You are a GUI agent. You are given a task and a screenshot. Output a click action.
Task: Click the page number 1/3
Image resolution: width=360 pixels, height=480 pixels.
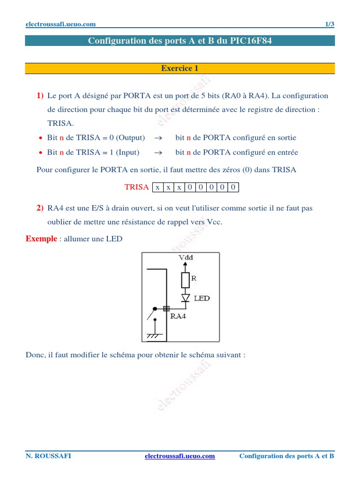(330, 25)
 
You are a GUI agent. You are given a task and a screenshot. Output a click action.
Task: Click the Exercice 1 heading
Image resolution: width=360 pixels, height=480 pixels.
(180, 68)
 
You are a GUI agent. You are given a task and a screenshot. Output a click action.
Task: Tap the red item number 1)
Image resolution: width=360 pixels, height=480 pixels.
(40, 96)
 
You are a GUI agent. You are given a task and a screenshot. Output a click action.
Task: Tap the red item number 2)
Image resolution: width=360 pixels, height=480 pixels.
(40, 208)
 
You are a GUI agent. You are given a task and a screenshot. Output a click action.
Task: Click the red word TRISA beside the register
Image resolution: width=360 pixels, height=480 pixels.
(136, 187)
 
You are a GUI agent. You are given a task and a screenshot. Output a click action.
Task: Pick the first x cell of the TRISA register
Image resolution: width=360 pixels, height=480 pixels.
(157, 187)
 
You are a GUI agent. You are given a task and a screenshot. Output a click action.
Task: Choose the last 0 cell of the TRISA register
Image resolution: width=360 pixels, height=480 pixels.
(233, 187)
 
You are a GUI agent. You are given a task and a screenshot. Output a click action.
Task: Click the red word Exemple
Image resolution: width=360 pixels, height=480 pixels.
(41, 239)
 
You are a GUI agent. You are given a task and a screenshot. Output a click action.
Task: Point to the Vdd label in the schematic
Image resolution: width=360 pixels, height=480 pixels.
(186, 257)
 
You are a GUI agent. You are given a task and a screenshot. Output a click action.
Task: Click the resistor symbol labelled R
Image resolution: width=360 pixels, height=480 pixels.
(185, 280)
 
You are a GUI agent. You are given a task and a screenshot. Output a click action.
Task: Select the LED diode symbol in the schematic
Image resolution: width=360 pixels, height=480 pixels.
(186, 298)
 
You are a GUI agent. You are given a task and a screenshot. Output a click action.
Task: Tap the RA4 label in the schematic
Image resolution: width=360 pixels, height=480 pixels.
(178, 316)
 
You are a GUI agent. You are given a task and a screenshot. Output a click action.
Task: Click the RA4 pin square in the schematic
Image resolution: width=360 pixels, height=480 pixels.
(166, 308)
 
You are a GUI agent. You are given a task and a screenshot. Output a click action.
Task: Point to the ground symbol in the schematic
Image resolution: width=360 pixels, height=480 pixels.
(154, 336)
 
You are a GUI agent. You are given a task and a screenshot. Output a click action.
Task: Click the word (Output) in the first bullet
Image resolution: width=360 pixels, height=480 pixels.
(130, 138)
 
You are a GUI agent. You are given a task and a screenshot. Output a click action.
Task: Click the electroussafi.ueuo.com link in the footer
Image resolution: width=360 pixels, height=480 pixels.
(180, 456)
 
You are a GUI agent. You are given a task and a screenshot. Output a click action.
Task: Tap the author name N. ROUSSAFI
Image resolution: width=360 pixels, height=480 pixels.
(48, 456)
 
